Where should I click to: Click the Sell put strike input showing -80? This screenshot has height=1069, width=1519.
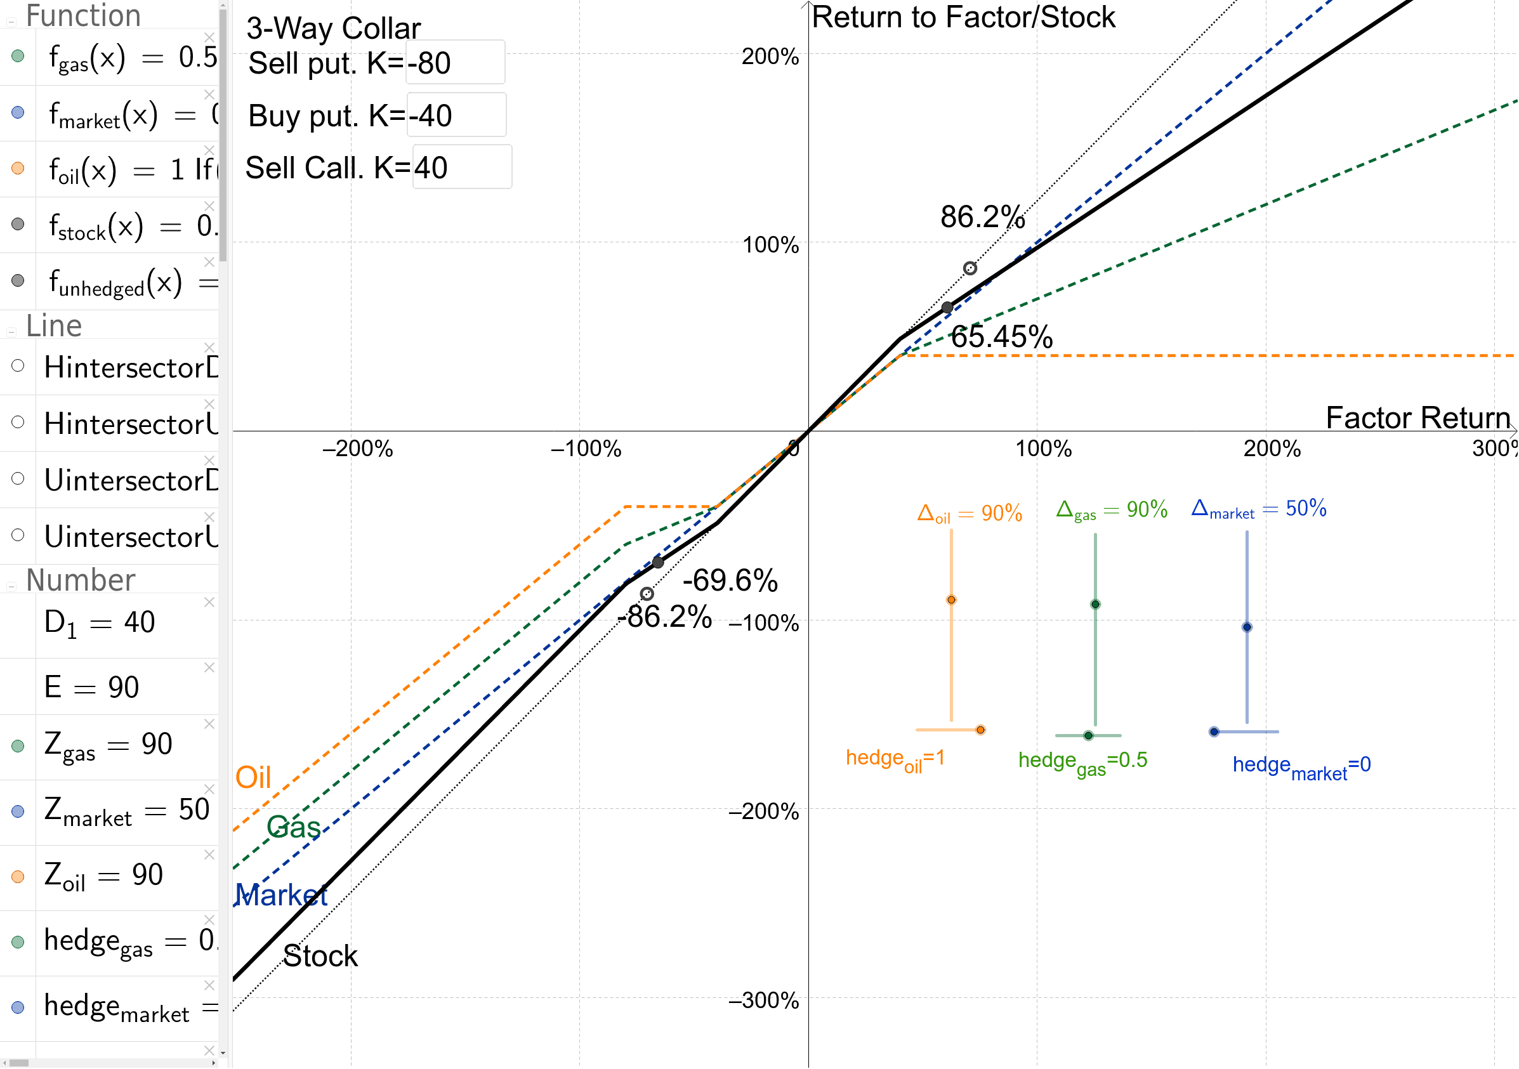coord(455,63)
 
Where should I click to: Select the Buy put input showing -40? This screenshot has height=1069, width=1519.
coord(456,115)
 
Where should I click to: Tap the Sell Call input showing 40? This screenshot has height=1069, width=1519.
coord(462,167)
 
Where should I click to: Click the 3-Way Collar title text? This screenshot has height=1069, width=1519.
coord(334,29)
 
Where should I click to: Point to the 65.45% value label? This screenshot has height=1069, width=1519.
coord(1002,337)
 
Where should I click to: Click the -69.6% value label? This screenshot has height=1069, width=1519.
coord(730,580)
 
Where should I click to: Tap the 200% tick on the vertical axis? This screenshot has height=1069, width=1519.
coord(770,57)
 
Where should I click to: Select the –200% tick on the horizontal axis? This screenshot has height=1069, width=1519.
coord(357,449)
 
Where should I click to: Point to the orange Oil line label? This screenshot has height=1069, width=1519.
coord(253,778)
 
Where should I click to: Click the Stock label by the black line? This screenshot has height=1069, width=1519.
coord(320,957)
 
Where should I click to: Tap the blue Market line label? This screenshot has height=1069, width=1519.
coord(282,896)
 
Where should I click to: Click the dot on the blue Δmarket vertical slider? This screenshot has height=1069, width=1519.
coord(1247,627)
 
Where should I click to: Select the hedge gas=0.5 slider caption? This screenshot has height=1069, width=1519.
coord(1082,762)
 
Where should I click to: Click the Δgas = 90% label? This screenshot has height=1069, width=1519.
coord(1112,510)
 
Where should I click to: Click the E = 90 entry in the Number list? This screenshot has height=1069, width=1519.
coord(91,687)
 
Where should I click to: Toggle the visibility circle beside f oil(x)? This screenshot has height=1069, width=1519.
coord(18,169)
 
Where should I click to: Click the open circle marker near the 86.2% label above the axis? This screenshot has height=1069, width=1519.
coord(970,268)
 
